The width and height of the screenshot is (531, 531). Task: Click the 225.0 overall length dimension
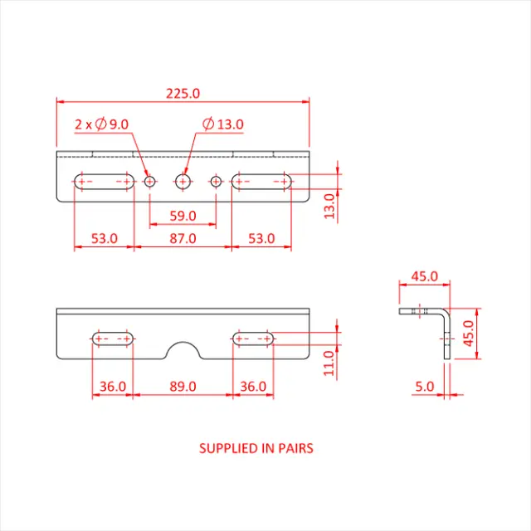[183, 94]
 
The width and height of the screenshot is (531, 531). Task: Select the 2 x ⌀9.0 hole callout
[101, 124]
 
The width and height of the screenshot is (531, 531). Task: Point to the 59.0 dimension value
[183, 216]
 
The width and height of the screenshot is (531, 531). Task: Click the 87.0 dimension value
[183, 238]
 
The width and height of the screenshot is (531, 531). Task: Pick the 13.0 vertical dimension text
[329, 206]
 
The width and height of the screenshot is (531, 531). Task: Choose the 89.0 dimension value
[183, 386]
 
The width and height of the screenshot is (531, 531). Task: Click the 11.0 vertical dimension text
[329, 363]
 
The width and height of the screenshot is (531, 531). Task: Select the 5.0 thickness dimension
[424, 386]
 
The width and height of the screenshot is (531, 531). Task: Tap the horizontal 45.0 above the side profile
[424, 275]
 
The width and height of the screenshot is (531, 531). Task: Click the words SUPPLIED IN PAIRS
[256, 448]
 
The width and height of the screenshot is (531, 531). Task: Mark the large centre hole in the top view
[183, 180]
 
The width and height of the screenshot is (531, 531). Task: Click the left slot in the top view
[104, 181]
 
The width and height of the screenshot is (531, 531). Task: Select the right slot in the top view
[261, 181]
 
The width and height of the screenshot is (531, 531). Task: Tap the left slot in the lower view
[112, 339]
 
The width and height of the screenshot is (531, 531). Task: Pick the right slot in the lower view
[253, 339]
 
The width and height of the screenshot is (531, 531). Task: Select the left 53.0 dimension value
[104, 238]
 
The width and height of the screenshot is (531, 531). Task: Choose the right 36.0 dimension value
[253, 386]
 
